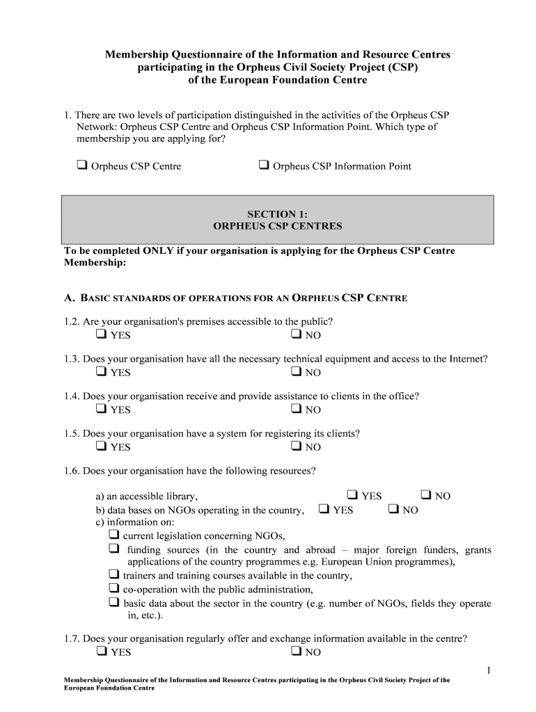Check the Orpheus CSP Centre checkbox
click(x=81, y=165)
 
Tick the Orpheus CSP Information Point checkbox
click(x=264, y=165)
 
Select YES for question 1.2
click(x=102, y=334)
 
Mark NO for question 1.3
click(x=296, y=372)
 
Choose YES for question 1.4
click(x=102, y=409)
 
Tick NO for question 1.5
click(x=296, y=446)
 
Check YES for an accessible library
click(x=352, y=495)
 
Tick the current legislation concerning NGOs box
click(x=113, y=535)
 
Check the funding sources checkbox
click(x=113, y=549)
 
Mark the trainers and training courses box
click(x=113, y=575)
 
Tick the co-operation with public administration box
click(x=113, y=589)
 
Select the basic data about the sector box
click(x=113, y=603)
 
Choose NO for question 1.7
click(x=296, y=652)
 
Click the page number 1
click(x=489, y=670)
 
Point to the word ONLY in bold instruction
click(x=159, y=251)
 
